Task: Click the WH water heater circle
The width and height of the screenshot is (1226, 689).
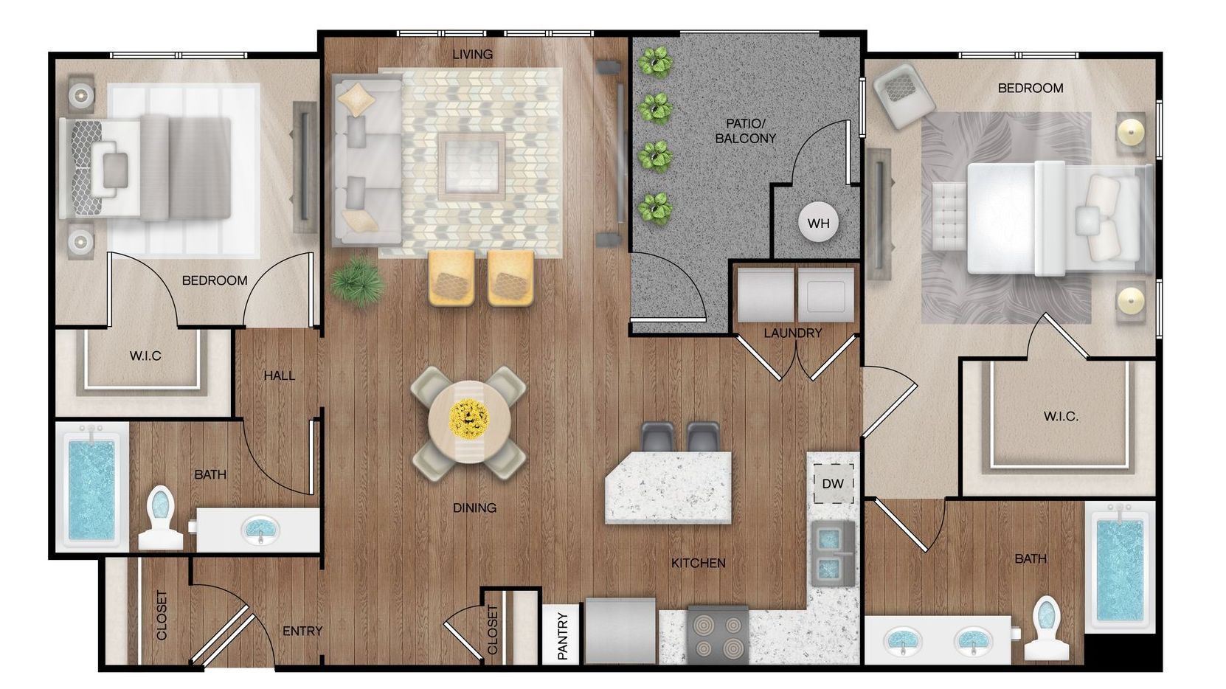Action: (x=818, y=223)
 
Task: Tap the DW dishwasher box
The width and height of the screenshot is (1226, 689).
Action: (x=833, y=484)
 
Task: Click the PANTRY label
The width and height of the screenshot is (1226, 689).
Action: (x=563, y=635)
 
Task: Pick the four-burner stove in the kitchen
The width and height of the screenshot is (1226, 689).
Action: (x=717, y=635)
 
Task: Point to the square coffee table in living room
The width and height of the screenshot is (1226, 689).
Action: (x=471, y=166)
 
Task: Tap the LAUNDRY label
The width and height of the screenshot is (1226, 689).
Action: (x=792, y=333)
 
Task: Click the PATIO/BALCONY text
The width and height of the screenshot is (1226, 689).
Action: (x=745, y=131)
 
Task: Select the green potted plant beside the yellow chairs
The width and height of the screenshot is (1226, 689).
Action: (x=358, y=281)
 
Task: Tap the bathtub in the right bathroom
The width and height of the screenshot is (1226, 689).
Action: (x=1119, y=569)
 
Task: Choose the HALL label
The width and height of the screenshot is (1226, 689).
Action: (x=280, y=375)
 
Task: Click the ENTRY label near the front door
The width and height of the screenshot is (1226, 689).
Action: (x=302, y=631)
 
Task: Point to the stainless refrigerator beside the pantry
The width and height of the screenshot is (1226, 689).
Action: (x=620, y=631)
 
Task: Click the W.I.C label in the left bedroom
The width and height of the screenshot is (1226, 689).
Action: (x=145, y=356)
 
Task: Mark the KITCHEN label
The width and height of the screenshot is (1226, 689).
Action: (x=698, y=563)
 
